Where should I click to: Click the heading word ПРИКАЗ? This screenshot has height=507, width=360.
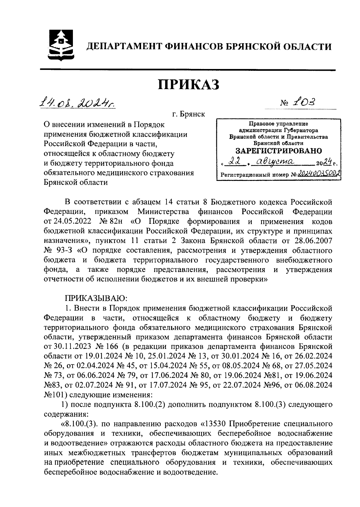189,85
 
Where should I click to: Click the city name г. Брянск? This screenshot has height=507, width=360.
188,114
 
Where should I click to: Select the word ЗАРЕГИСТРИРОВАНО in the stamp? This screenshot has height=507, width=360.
278,150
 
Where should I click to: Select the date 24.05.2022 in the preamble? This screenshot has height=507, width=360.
71,221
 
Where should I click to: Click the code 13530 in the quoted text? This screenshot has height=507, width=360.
215,424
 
